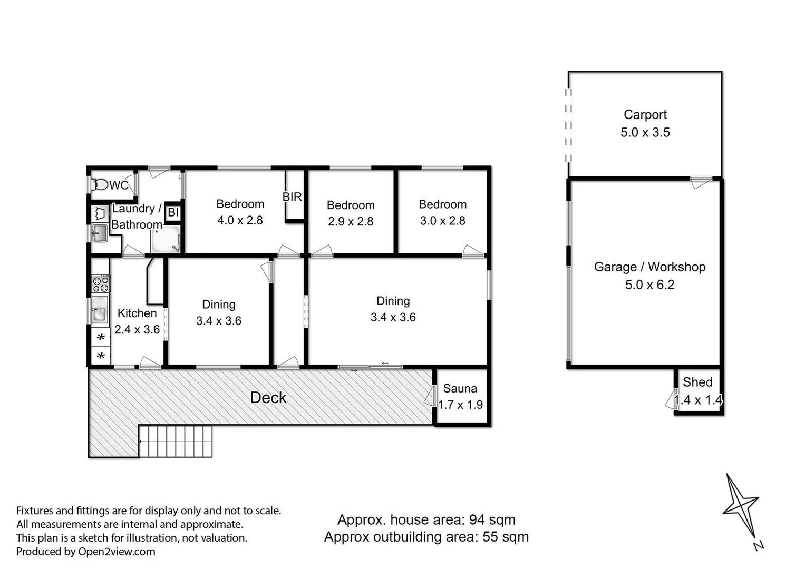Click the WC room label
pyautogui.click(x=119, y=185)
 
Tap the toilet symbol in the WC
pyautogui.click(x=100, y=185)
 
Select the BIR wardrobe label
pyautogui.click(x=292, y=197)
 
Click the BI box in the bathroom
pyautogui.click(x=173, y=213)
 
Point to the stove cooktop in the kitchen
pyautogui.click(x=101, y=284)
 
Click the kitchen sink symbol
pyautogui.click(x=99, y=309)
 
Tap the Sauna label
pyautogui.click(x=460, y=389)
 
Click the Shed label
pyautogui.click(x=697, y=382)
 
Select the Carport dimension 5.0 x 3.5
pyautogui.click(x=645, y=132)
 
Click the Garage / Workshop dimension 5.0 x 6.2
pyautogui.click(x=649, y=285)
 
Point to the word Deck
pyautogui.click(x=268, y=398)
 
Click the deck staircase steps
pyautogui.click(x=176, y=441)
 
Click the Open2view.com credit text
pyautogui.click(x=117, y=552)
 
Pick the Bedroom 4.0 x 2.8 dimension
pyautogui.click(x=240, y=220)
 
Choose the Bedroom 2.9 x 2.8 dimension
pyautogui.click(x=350, y=221)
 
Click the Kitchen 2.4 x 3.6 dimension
pyautogui.click(x=137, y=330)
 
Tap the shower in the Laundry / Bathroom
pyautogui.click(x=166, y=240)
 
